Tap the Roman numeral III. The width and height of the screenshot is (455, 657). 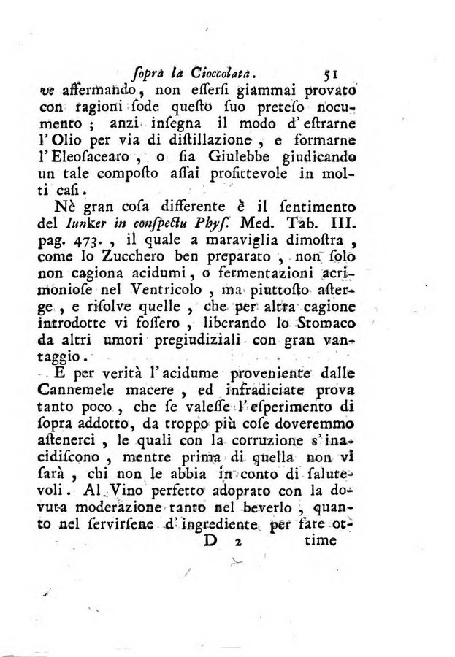[x=340, y=220]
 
